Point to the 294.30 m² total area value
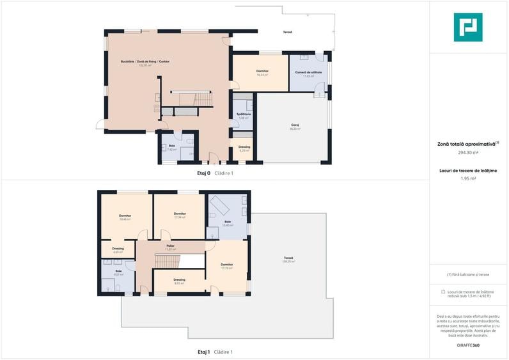coord(469,153)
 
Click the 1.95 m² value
coord(469,178)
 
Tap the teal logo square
coord(468,27)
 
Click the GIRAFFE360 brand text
coord(468,345)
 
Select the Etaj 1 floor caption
coord(204,352)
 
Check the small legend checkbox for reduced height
coord(443,292)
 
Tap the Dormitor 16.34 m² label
coord(262,72)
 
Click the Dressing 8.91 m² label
coord(179,281)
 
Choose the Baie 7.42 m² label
coord(172,148)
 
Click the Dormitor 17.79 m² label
coord(227,265)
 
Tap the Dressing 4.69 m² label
coord(118,250)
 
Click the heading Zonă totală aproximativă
coord(467,144)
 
